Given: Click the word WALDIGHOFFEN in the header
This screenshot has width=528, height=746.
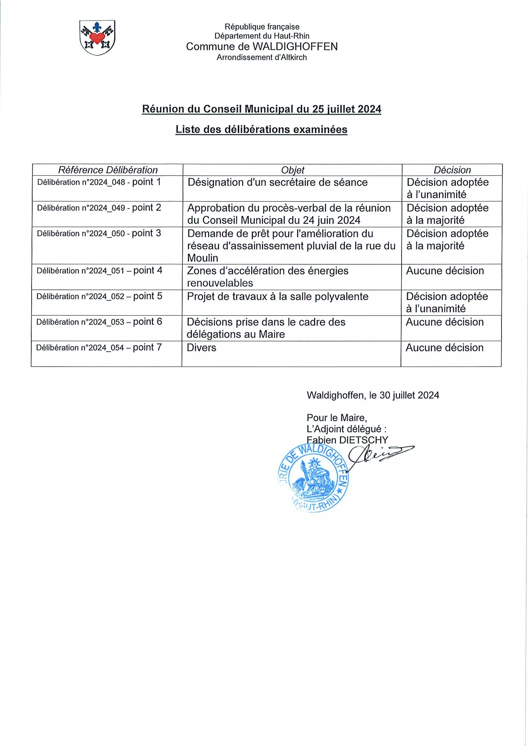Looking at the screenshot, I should [x=295, y=47].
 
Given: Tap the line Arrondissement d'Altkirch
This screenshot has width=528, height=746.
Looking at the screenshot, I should [x=261, y=58].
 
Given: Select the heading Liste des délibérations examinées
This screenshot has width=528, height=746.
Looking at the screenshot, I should [x=261, y=129].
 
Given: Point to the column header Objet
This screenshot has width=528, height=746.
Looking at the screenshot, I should [x=292, y=170].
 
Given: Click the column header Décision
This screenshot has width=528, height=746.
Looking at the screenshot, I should [x=452, y=170].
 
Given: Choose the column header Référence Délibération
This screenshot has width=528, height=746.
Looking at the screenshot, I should [x=108, y=170].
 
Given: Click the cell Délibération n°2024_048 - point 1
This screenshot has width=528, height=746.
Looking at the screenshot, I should [x=99, y=182].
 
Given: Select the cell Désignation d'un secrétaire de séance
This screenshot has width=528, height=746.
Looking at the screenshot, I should [x=277, y=182].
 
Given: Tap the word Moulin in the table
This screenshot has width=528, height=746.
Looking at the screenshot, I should [x=203, y=258].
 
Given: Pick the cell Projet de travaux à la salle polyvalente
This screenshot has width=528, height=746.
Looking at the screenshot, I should [x=277, y=296].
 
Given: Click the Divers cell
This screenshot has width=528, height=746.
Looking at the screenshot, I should [x=201, y=348].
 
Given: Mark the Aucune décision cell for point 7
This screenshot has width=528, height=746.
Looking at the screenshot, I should [x=444, y=348].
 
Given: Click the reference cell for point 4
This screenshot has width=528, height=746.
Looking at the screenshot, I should [x=99, y=270].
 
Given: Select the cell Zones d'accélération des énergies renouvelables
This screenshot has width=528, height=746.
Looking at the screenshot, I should [x=268, y=276].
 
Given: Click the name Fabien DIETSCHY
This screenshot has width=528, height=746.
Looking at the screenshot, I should [x=347, y=440].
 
